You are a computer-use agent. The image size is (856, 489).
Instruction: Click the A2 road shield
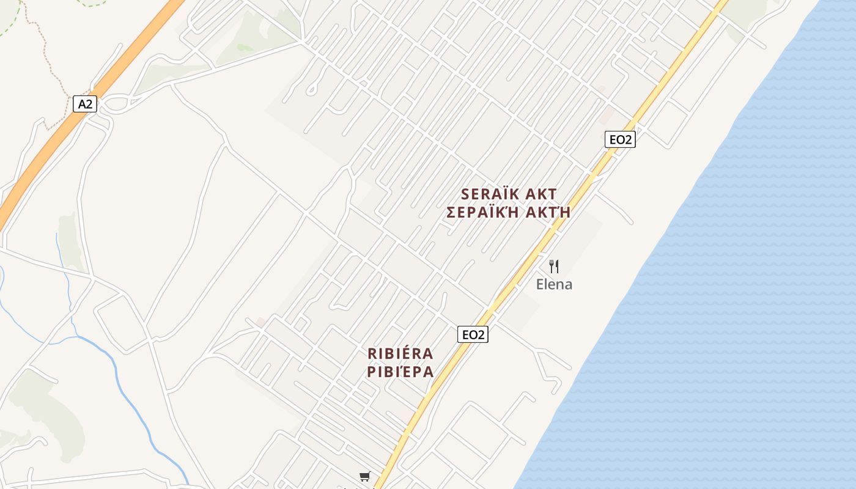[x=85, y=104]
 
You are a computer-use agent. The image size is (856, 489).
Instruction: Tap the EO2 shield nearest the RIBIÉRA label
[x=473, y=334]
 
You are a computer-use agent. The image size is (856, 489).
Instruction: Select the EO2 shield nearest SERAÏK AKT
[x=620, y=139]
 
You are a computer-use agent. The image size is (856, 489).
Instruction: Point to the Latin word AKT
[x=541, y=194]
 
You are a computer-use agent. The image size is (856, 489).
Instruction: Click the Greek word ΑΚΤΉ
[x=547, y=213]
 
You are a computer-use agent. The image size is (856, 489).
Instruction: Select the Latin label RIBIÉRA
[x=400, y=353]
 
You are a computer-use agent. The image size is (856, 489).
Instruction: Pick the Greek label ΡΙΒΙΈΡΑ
[x=400, y=372]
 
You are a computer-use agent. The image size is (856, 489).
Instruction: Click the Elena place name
[x=554, y=284]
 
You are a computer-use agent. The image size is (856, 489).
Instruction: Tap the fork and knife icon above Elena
[x=554, y=266]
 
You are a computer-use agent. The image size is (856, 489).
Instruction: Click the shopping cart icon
[x=365, y=476]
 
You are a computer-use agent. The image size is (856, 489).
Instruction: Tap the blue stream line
[x=122, y=379]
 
